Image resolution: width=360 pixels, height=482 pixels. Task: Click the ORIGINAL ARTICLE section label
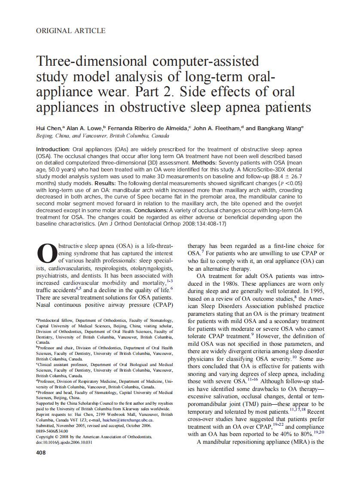(71, 31)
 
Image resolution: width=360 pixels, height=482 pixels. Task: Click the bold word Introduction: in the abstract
(54, 149)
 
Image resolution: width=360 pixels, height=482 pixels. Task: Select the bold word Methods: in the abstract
(207, 163)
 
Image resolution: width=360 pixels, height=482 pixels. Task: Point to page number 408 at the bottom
(42, 453)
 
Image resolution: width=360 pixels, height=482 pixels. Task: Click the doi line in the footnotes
(64, 442)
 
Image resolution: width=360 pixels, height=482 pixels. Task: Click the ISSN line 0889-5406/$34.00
(52, 431)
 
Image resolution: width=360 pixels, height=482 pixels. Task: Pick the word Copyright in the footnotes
(47, 436)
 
